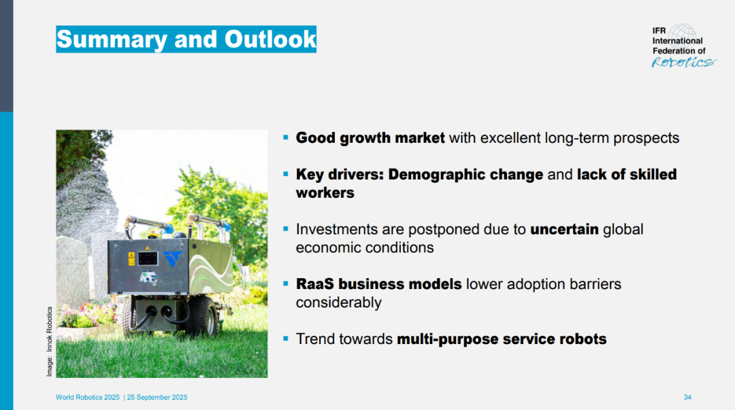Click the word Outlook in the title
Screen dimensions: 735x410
pos(270,39)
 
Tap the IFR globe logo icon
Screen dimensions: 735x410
pos(683,34)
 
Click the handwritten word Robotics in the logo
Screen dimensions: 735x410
pos(683,63)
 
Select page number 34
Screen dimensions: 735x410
pos(687,397)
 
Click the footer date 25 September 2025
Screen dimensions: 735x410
pos(157,397)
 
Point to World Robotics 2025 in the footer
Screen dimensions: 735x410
pos(88,397)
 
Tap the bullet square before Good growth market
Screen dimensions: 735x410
pos(285,137)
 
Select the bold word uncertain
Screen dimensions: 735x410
pos(564,229)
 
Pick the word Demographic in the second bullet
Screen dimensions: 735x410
pos(465,175)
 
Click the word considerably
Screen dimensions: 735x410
pos(338,303)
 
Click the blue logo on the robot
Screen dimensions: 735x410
pos(172,258)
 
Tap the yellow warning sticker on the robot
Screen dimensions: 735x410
pos(132,258)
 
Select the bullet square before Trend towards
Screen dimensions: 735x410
pos(285,339)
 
